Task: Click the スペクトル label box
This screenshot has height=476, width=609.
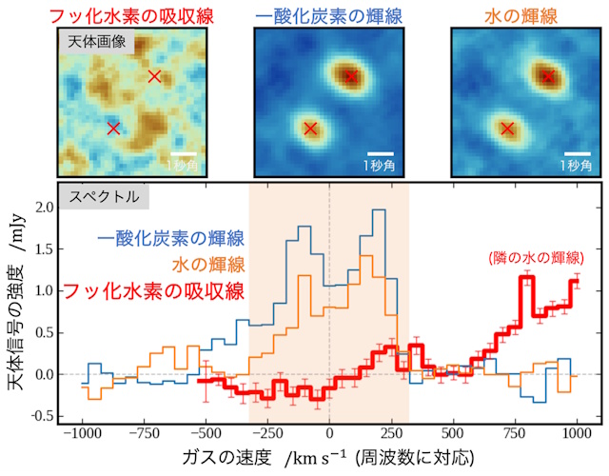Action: click(103, 197)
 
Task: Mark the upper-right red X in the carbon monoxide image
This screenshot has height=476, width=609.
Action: click(350, 76)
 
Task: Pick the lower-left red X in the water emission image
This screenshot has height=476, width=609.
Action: click(507, 129)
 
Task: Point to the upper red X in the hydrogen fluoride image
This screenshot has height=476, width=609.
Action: click(154, 76)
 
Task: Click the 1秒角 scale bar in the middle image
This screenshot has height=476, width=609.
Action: click(380, 153)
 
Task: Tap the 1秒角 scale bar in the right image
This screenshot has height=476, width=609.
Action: click(577, 153)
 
